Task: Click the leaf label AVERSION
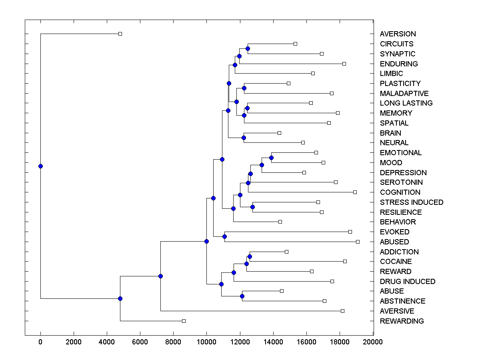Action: click(398, 34)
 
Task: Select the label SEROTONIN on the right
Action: click(401, 182)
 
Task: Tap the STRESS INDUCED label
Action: click(412, 202)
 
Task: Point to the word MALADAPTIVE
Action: click(404, 94)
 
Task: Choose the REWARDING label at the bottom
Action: click(402, 321)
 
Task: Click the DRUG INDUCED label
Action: click(408, 282)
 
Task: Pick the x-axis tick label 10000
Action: click(206, 342)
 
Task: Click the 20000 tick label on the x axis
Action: click(372, 342)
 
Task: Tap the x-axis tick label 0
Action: click(40, 342)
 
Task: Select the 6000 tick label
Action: click(140, 342)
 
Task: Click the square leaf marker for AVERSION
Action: click(120, 34)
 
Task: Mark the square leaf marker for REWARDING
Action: click(184, 321)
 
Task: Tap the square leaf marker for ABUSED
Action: click(358, 242)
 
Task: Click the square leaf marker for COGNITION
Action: click(355, 192)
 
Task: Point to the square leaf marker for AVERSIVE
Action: click(342, 311)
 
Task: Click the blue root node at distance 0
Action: click(40, 166)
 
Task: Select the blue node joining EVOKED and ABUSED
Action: click(224, 236)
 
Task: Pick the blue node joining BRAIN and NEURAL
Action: click(244, 138)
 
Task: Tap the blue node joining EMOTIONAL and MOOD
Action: click(271, 158)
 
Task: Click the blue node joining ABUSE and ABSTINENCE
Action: click(242, 296)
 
